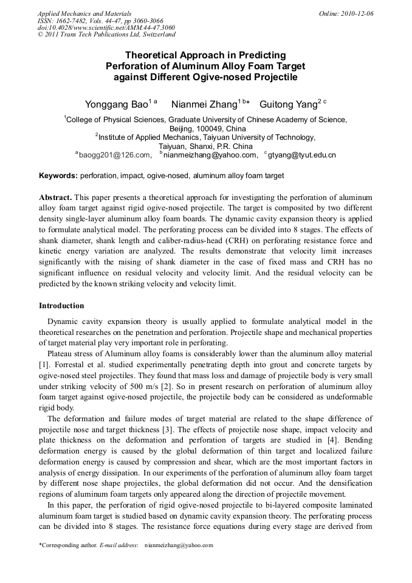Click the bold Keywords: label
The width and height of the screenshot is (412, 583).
click(x=58, y=176)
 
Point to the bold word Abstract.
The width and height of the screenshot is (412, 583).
click(x=55, y=198)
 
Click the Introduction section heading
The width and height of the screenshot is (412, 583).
click(x=61, y=305)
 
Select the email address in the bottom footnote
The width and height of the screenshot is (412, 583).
click(x=179, y=545)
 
